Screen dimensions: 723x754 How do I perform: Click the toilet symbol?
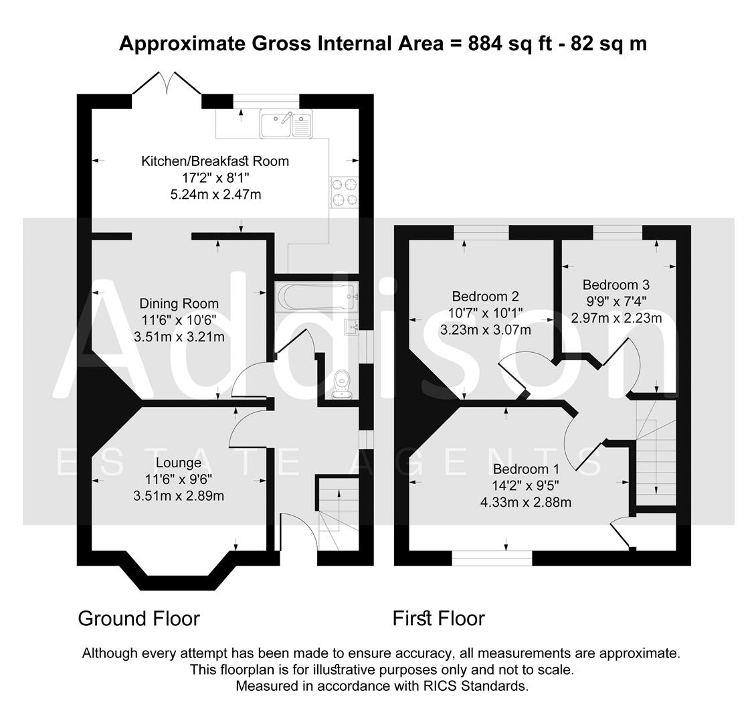(344, 385)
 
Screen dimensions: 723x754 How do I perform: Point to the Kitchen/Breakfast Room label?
(215, 161)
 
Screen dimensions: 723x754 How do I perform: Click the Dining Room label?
(179, 304)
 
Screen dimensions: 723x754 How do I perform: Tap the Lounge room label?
(179, 463)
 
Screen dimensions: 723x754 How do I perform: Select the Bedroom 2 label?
(486, 297)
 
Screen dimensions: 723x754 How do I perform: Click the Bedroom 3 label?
(616, 285)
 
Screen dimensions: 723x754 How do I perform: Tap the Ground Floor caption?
(139, 618)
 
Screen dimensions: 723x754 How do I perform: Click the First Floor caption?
(439, 618)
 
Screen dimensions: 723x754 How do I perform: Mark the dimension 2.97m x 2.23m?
(616, 318)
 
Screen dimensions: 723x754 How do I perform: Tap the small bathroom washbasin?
(352, 327)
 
